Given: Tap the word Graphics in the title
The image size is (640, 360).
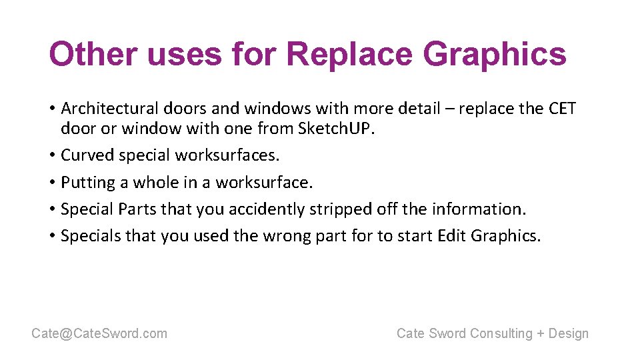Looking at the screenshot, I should pos(495,54).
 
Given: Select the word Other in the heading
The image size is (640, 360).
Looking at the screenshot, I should pos(93,54).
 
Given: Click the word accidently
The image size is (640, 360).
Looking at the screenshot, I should pos(267,209).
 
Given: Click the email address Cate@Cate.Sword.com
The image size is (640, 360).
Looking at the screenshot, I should pos(99,333).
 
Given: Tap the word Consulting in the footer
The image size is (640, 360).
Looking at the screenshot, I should pos(501,333).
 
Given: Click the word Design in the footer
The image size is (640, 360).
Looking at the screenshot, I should pos(569,333).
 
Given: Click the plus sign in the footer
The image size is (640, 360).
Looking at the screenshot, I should pos(540,333).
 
